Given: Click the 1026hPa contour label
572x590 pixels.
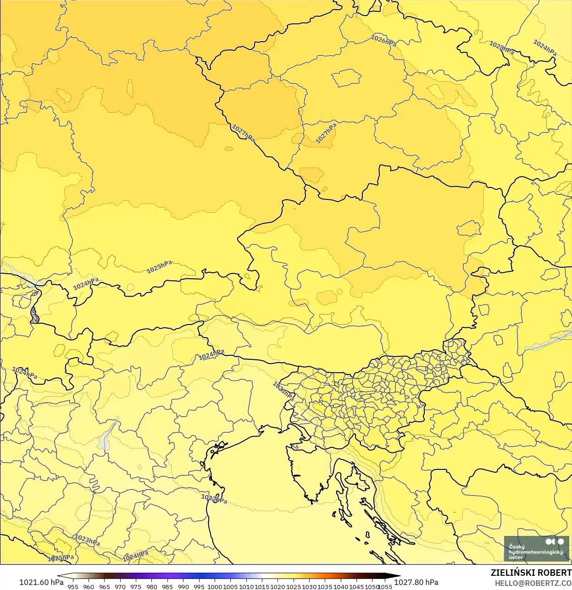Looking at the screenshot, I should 383,41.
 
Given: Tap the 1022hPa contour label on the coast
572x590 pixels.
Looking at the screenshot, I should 214,498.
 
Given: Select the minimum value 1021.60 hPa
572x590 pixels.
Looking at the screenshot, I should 41,582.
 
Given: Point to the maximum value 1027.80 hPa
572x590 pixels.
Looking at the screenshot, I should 416,582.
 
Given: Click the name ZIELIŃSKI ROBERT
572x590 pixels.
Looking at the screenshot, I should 531,573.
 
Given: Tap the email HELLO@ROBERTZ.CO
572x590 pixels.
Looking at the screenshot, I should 533,583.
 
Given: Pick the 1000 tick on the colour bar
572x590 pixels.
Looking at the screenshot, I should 215,586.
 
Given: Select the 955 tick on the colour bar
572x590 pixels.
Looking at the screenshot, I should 73,586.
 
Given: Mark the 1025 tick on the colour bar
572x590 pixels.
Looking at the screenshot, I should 294,586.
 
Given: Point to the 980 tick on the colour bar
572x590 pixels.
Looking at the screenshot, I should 152,586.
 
